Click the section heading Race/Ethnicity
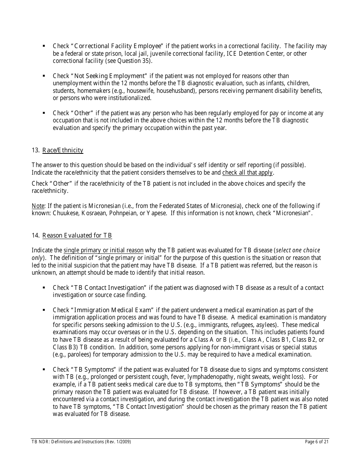[63, 150]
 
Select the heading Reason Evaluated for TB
[77, 236]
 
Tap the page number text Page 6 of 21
[317, 442]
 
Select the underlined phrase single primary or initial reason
[103, 250]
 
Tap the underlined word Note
[38, 206]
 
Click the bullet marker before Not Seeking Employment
[44, 76]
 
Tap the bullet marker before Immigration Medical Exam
[44, 310]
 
